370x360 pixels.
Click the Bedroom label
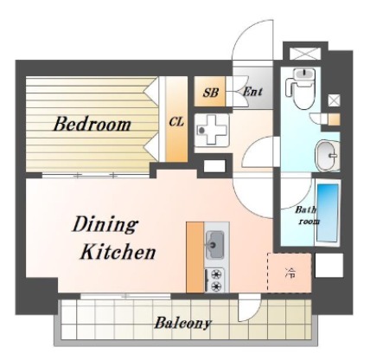pos(92,124)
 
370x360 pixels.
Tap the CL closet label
pos(176,122)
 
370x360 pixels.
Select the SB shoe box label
pos(210,93)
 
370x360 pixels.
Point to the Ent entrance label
pos(252,92)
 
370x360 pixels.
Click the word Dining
pos(105,224)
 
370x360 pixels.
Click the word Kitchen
pos(118,252)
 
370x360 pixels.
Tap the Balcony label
pos(183,323)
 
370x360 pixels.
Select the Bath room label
pos(305,215)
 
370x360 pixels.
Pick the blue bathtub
pos(328,213)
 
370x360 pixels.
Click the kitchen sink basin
pos(215,245)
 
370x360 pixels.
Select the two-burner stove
pos(214,280)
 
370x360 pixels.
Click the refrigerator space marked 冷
pos(290,273)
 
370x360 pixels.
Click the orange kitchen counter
pos(195,257)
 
